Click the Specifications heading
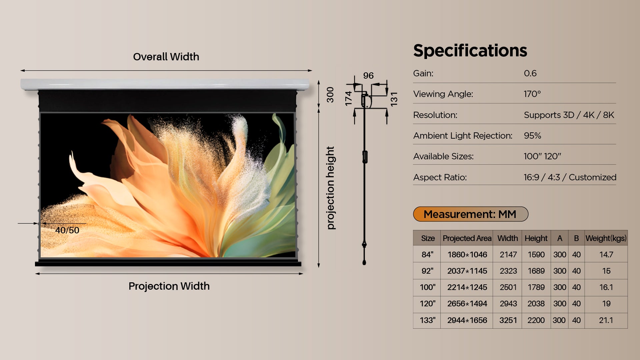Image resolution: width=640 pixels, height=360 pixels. coord(470,51)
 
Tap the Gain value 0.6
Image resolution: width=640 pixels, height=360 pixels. coord(530,73)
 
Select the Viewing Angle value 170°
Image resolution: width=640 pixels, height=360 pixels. coord(532,94)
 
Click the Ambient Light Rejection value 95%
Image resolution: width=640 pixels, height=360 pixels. coord(532,136)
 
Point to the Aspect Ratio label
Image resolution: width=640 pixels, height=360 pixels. coord(440,177)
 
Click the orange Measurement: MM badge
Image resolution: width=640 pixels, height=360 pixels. coord(471,214)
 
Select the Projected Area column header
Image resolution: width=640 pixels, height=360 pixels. coord(467,238)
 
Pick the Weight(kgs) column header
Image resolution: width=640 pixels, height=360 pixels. coord(606,238)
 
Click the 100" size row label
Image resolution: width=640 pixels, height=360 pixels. coord(428,287)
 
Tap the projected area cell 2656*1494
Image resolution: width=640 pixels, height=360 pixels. coord(467,304)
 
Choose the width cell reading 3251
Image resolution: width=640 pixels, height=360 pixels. coord(508,320)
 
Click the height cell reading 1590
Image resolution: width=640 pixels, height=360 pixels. coord(536,255)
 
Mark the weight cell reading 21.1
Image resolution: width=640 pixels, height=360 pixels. coord(606,320)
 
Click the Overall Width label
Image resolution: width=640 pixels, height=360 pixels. coord(166,57)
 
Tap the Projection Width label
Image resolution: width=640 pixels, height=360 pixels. coord(169,286)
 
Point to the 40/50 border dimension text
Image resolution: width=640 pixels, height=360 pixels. coord(67,230)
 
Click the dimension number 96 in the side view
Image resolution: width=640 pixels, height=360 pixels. coord(368,76)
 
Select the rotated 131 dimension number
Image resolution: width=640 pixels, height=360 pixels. coord(394,99)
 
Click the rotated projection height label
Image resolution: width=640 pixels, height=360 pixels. coord(330,188)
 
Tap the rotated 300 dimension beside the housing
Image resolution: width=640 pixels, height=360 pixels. coord(330,95)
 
